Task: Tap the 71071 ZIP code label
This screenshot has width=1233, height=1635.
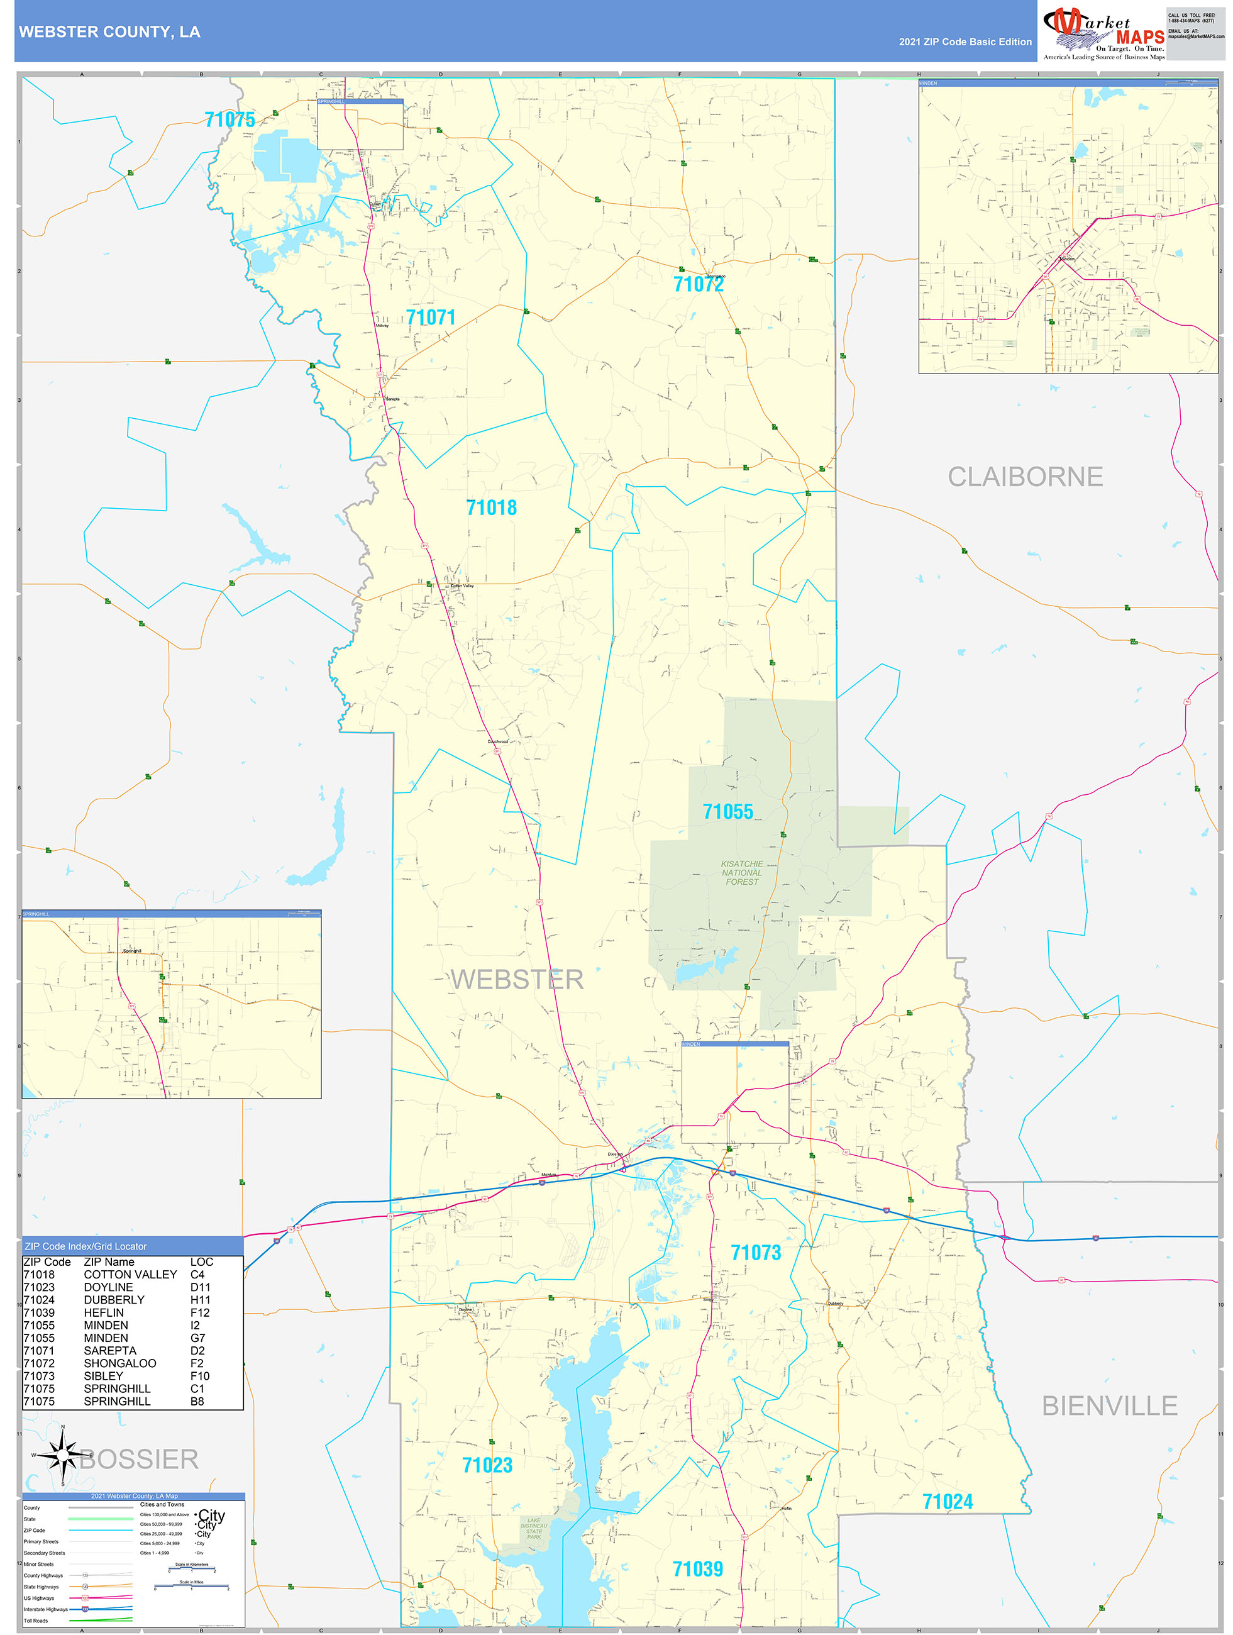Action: pos(430,318)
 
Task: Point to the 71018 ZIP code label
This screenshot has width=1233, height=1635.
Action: pos(491,508)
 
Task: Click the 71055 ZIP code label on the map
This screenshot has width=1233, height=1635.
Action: pos(727,812)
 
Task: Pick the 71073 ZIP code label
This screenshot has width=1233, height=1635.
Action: pos(756,1252)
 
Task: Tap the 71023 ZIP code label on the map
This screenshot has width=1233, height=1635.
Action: pos(487,1465)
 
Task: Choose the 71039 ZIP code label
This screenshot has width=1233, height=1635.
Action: pos(697,1568)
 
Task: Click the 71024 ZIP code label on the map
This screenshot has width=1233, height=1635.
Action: pos(947,1501)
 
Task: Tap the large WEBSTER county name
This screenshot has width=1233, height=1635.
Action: pos(517,979)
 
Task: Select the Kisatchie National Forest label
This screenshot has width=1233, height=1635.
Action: pos(741,872)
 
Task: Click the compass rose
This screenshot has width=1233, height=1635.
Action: pos(63,1455)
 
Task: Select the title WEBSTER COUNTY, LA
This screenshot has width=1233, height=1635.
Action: pos(109,32)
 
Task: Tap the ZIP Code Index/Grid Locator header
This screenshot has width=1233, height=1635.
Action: pos(86,1246)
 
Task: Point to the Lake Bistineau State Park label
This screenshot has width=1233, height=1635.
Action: pos(533,1528)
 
